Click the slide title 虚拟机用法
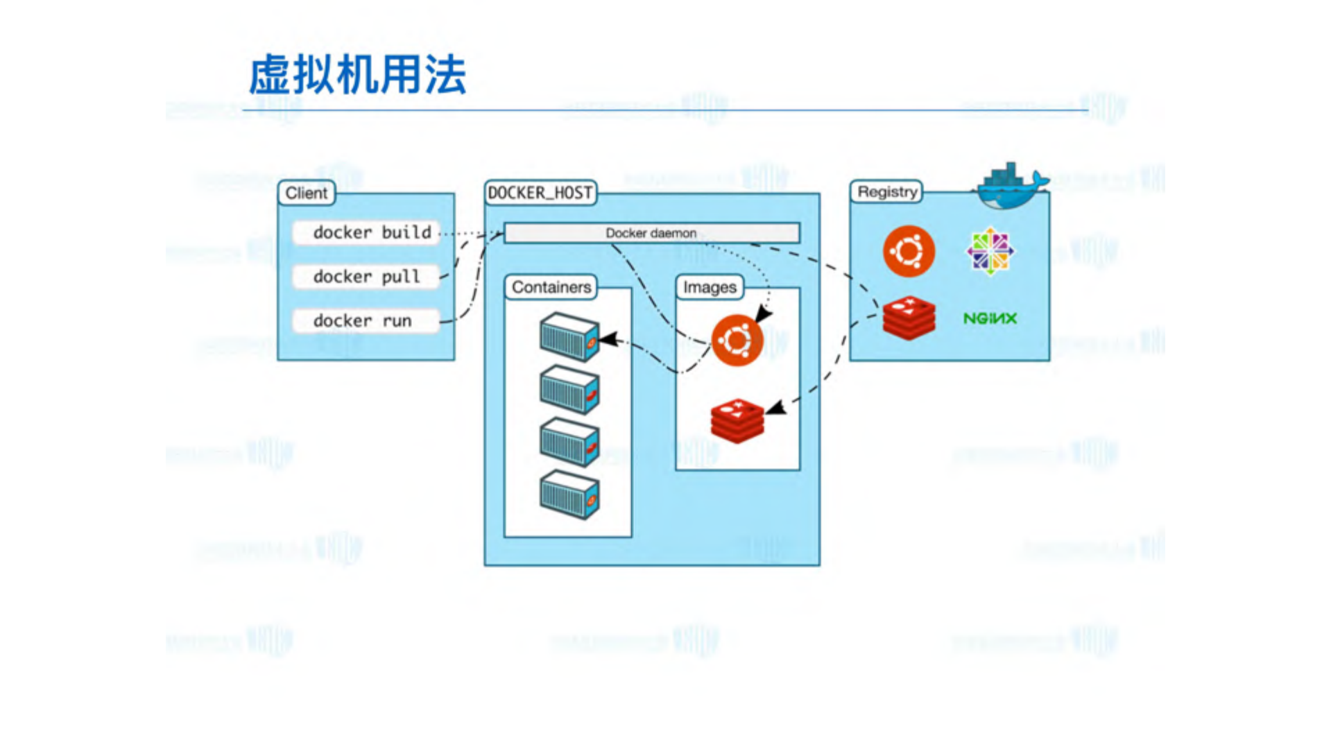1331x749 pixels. tap(357, 75)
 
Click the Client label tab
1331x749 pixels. tap(306, 193)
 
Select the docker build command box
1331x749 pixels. tap(366, 232)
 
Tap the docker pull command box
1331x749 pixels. tap(366, 277)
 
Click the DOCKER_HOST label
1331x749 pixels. tap(540, 193)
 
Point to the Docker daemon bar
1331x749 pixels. tap(651, 233)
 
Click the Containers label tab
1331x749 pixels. tap(551, 287)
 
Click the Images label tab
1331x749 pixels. tap(709, 287)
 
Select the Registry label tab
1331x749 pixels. tap(886, 191)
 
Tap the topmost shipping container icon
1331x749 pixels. tap(569, 337)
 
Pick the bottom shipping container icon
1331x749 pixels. tap(569, 494)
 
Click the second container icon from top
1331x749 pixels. tap(569, 390)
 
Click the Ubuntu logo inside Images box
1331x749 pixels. tap(737, 340)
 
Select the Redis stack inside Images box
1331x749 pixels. tap(737, 420)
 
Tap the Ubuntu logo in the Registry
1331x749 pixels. tap(909, 251)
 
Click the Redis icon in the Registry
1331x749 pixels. tap(909, 318)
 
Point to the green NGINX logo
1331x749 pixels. tap(990, 318)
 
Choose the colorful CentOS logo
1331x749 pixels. tap(990, 251)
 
